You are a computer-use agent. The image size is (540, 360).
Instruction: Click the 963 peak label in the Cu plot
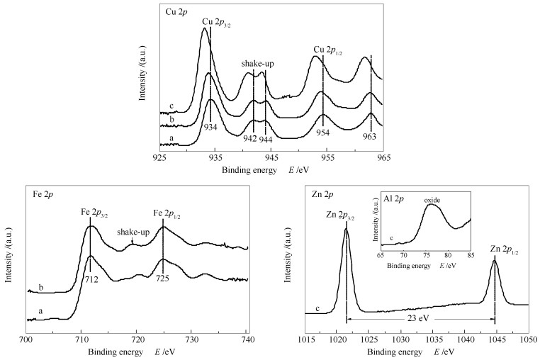[x=371, y=135]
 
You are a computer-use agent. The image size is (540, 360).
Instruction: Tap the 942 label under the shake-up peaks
[x=249, y=138]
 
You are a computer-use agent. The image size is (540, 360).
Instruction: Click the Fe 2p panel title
[x=43, y=193]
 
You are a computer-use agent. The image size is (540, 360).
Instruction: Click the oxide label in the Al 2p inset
[x=432, y=201]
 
